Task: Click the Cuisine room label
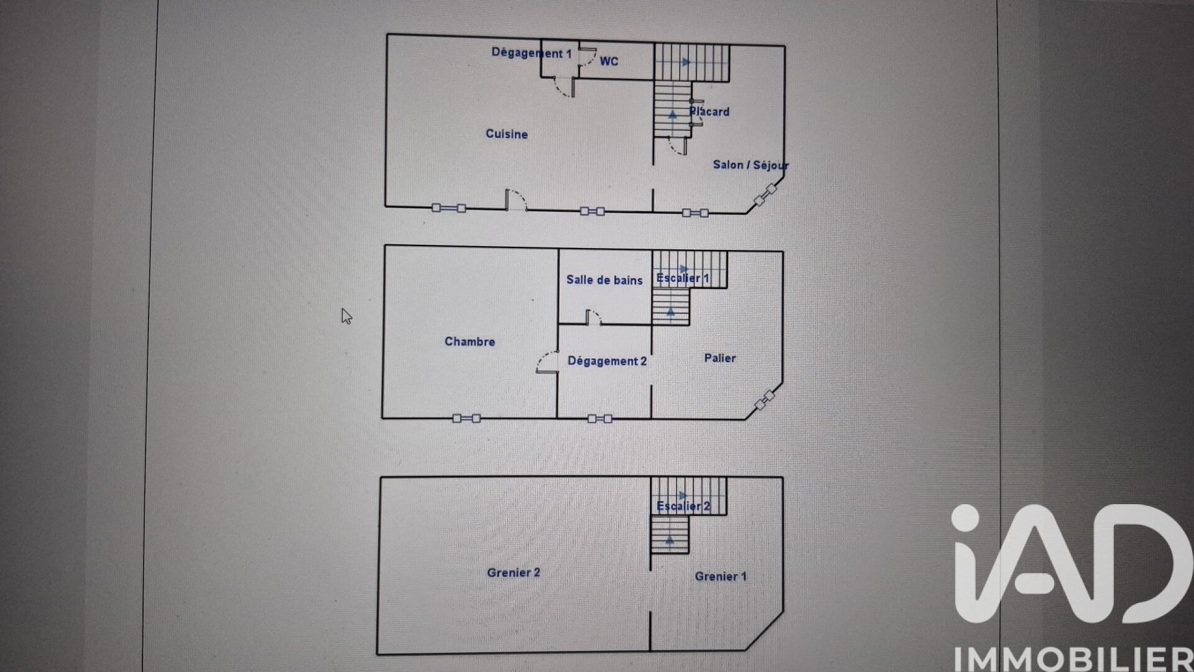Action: (507, 134)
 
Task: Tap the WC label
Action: (609, 61)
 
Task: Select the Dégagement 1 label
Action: (531, 53)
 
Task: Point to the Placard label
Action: (710, 112)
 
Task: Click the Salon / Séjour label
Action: (751, 165)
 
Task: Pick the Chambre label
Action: (470, 341)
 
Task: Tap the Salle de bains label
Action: (604, 280)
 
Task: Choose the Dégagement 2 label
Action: (607, 361)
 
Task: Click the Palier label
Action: (720, 358)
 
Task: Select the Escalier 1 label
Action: (683, 278)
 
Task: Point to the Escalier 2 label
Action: (683, 506)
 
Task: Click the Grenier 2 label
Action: (513, 573)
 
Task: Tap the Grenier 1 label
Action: (720, 576)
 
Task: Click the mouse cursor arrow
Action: (346, 316)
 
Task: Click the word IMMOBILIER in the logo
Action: (1073, 659)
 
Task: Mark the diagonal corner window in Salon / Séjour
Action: (765, 195)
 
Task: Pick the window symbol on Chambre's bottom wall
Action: (466, 418)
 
